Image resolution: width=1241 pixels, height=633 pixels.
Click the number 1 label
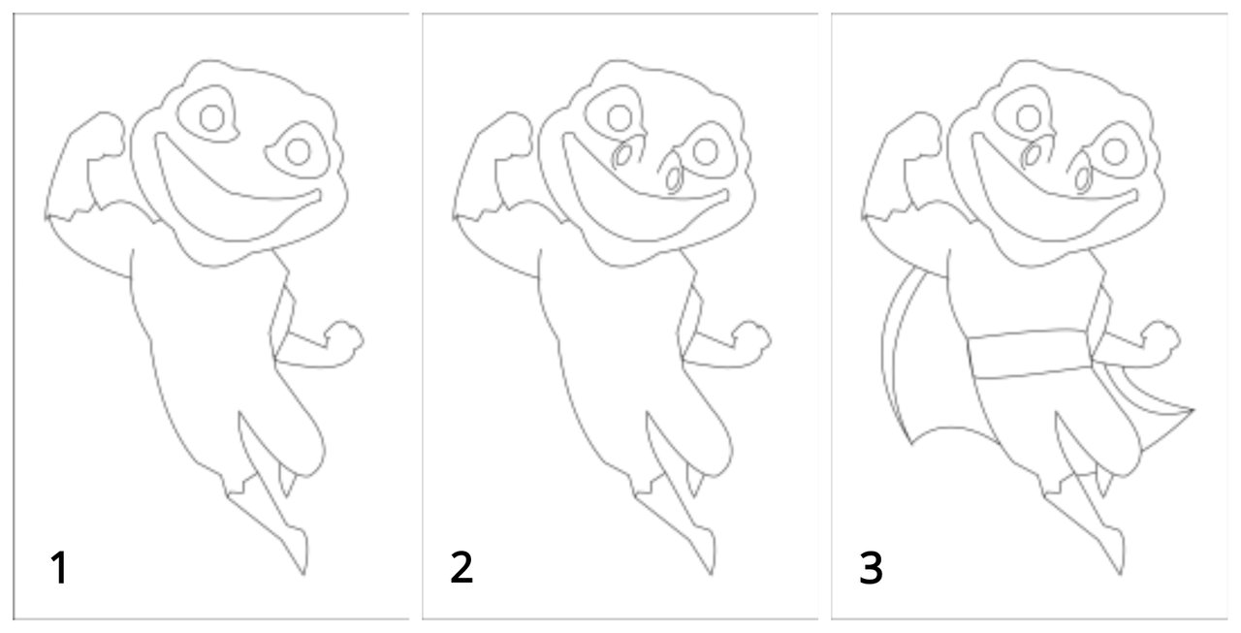[x=59, y=568]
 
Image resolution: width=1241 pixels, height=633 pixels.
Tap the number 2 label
[x=461, y=567]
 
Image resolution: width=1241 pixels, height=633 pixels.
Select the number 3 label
[x=871, y=567]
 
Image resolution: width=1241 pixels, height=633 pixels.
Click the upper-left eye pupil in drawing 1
[x=211, y=118]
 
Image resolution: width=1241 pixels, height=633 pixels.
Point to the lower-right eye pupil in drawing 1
[x=298, y=152]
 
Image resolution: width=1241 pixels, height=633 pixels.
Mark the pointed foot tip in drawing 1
[x=303, y=575]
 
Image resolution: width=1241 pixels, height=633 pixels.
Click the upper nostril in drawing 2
[x=622, y=155]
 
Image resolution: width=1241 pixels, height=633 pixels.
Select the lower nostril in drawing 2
[x=674, y=179]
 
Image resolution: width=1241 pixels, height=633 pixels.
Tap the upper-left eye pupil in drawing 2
[x=620, y=118]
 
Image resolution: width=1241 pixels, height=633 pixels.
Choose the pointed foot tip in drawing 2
[x=712, y=575]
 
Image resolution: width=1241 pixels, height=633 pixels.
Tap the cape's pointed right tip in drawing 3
[x=1193, y=410]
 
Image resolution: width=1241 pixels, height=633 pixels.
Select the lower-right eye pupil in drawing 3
[x=1115, y=152]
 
